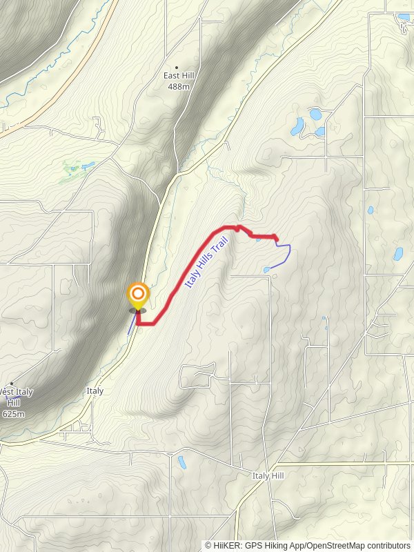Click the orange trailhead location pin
[x=138, y=297]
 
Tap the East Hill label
[x=177, y=76]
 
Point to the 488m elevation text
[x=177, y=86]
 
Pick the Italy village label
[x=95, y=391]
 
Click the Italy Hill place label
[x=268, y=476]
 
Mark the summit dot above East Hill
[x=177, y=67]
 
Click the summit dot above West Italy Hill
[x=11, y=384]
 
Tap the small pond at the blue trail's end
[x=266, y=270]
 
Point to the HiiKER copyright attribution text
[x=307, y=546]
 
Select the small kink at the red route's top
[x=239, y=226]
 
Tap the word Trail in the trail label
[x=219, y=245]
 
